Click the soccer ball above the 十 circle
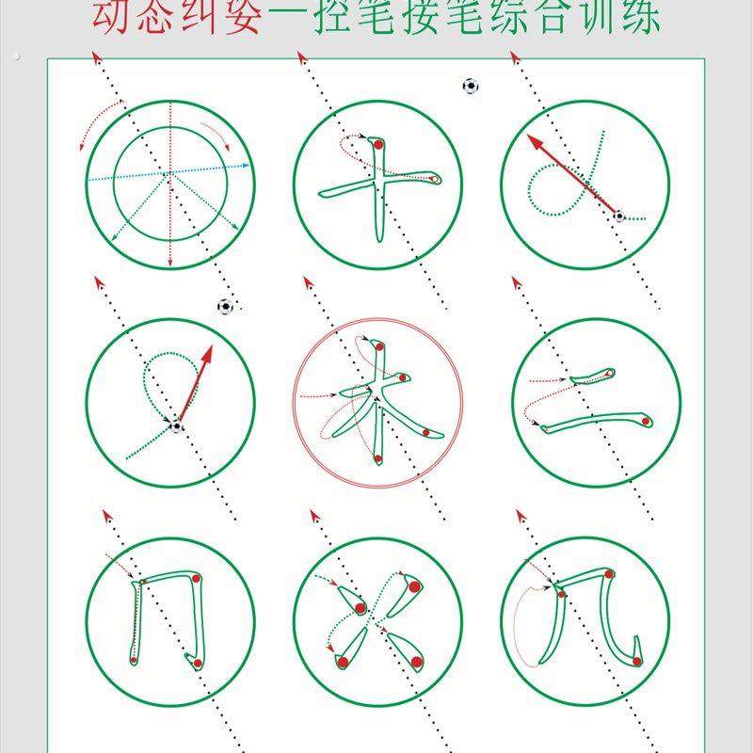(471, 87)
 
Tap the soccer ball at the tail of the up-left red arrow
(618, 216)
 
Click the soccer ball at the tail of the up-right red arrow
(177, 426)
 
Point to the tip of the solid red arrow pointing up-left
(529, 136)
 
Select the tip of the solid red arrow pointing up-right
(211, 347)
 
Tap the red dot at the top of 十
(377, 145)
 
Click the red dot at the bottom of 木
(377, 458)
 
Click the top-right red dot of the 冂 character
(195, 578)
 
